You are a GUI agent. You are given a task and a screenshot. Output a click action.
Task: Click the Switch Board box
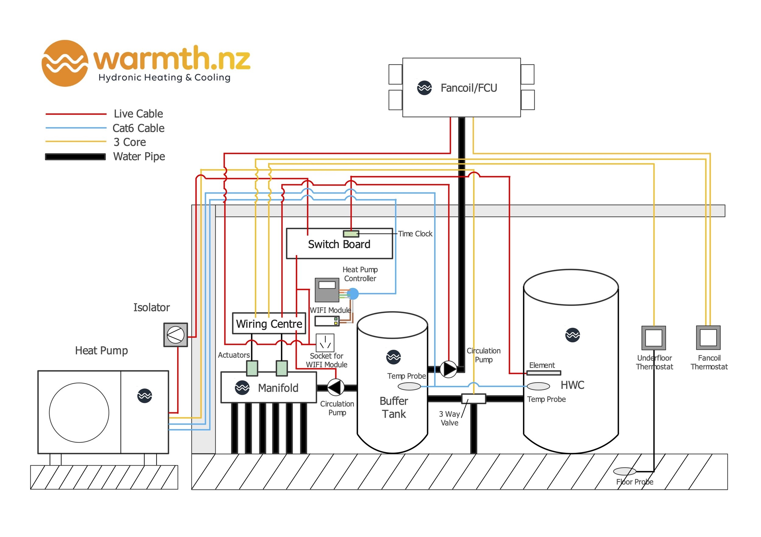tap(339, 244)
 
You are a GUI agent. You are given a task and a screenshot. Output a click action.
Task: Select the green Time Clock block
tap(351, 234)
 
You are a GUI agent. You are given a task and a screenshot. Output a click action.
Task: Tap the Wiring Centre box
tap(269, 324)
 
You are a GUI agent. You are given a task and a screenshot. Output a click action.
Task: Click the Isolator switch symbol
tap(175, 335)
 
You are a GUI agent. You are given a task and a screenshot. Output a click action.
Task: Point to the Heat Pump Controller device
tap(327, 290)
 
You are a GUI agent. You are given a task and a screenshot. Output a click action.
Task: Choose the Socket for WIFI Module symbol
tap(325, 343)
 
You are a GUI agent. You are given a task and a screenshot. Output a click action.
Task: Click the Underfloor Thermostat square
tap(654, 338)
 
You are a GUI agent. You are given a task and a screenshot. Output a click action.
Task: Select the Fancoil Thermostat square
tap(708, 338)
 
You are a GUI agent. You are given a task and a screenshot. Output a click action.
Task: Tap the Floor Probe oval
tap(624, 471)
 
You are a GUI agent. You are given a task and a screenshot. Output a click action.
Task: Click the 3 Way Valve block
tap(473, 399)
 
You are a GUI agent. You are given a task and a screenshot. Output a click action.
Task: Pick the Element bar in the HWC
tap(544, 373)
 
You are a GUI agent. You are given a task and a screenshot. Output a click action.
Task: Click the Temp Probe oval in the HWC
tap(538, 386)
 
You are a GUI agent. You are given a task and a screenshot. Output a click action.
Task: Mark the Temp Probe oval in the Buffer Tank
tap(409, 386)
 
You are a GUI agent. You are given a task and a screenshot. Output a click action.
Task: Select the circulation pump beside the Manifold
tap(336, 387)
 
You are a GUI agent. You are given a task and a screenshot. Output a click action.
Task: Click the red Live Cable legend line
tap(76, 114)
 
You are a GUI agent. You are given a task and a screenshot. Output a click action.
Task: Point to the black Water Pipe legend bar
tap(75, 157)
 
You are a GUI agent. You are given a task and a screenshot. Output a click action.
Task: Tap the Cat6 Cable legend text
tap(138, 128)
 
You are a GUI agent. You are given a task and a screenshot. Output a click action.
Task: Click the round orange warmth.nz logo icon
tap(65, 63)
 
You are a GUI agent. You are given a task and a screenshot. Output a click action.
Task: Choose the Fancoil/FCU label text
tap(469, 88)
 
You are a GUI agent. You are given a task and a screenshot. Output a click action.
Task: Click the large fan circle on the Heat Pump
tap(79, 413)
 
